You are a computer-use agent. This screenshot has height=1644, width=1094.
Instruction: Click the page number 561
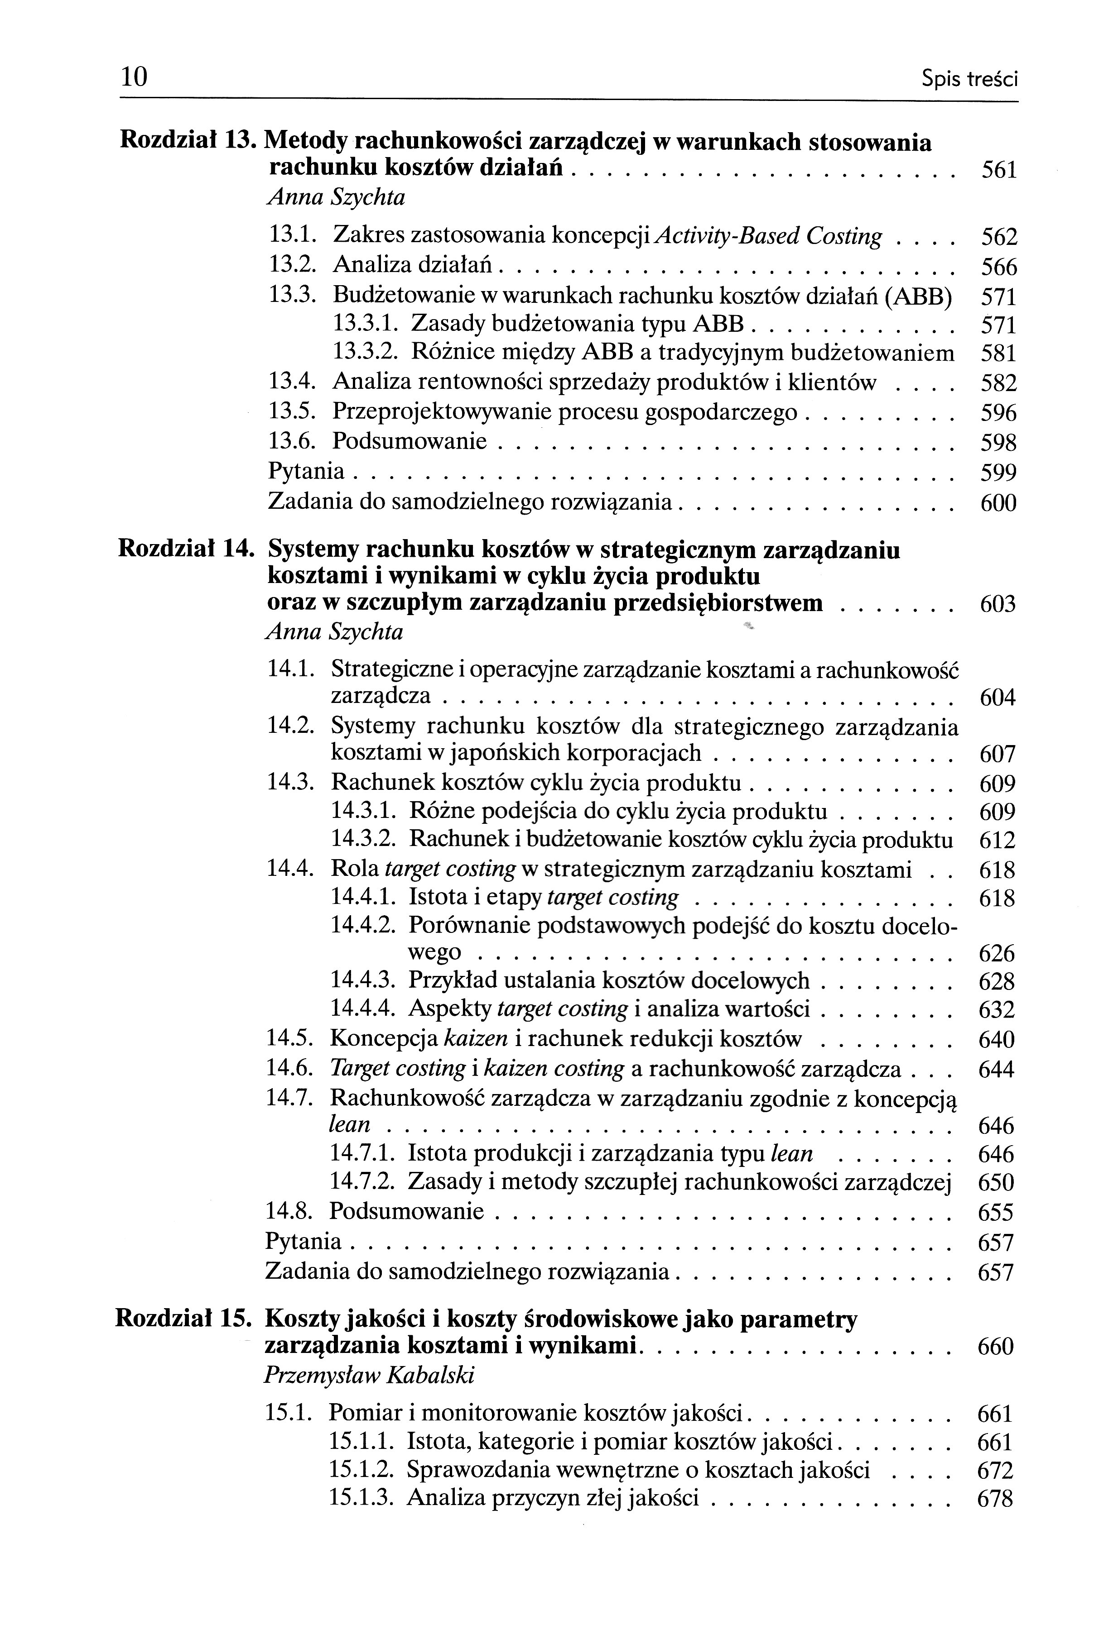coord(998,170)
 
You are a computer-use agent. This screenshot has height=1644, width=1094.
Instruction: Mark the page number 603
coord(998,604)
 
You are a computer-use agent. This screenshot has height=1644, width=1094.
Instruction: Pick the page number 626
coord(996,954)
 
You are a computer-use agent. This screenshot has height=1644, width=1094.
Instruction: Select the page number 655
coord(996,1213)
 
